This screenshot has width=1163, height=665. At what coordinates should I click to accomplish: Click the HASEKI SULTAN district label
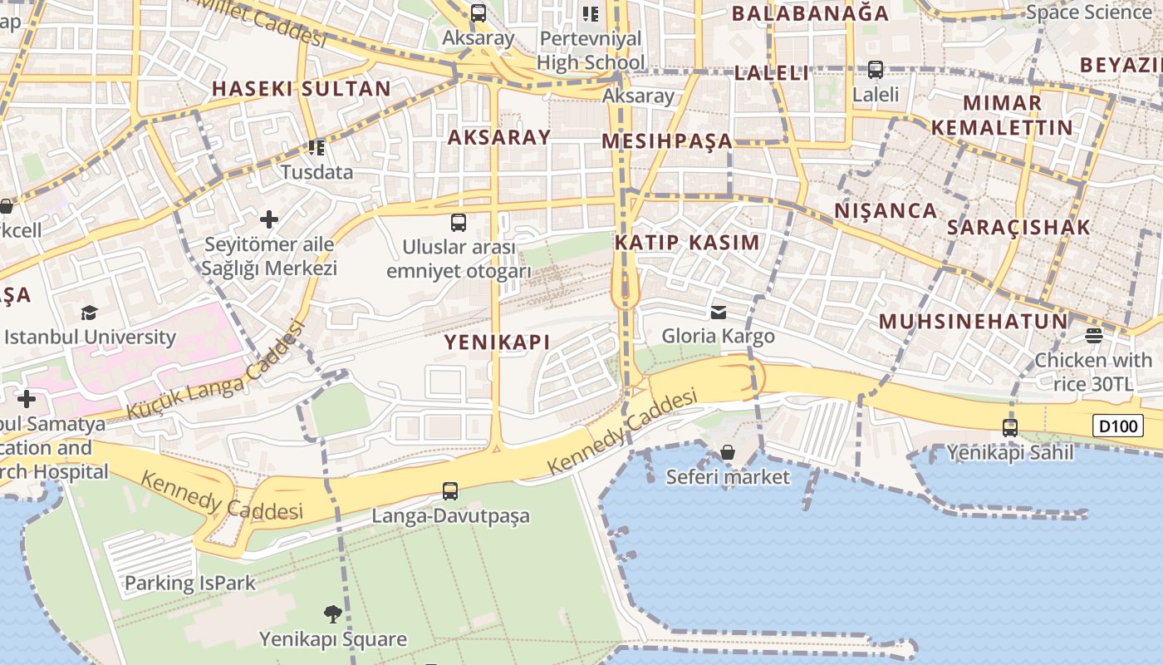click(x=301, y=89)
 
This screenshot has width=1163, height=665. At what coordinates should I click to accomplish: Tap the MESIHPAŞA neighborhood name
click(x=667, y=141)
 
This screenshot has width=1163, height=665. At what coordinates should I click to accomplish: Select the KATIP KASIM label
click(x=687, y=243)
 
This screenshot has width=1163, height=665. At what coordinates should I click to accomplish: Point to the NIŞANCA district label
click(x=886, y=211)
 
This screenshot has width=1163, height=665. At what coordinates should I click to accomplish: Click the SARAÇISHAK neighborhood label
click(x=1018, y=228)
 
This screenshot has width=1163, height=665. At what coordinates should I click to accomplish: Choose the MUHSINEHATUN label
click(x=973, y=322)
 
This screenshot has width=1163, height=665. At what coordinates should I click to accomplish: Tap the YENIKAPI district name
click(x=497, y=342)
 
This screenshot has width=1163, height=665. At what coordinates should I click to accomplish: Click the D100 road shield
click(x=1117, y=426)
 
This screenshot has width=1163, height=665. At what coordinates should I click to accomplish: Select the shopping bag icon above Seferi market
click(x=728, y=452)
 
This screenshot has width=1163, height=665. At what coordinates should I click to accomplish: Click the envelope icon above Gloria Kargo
click(x=718, y=313)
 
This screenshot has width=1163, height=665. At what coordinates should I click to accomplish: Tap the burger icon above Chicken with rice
click(x=1093, y=336)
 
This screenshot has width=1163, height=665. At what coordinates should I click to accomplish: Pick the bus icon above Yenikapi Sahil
click(x=1010, y=428)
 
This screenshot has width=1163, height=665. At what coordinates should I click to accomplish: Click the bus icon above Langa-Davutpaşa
click(x=450, y=491)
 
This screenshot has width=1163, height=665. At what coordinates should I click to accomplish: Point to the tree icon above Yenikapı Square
click(x=333, y=614)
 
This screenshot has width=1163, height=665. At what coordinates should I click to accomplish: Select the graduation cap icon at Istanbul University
click(x=90, y=313)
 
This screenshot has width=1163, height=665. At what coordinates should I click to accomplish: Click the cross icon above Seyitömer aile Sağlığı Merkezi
click(x=269, y=219)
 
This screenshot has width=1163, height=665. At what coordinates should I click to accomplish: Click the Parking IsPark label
click(x=190, y=584)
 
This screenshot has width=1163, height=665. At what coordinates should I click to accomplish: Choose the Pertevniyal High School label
click(x=591, y=50)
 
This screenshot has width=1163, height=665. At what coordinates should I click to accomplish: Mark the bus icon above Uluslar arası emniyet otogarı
click(x=459, y=223)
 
